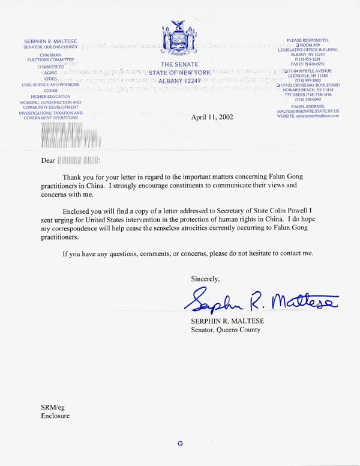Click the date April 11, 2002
pos(213,118)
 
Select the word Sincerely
pos(205,279)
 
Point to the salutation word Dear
pos(47,161)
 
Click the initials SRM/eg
pos(52,408)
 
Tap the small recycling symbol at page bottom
pos(180,444)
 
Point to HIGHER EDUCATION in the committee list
pos(50,97)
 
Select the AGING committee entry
pos(50,72)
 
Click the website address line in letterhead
pos(308,116)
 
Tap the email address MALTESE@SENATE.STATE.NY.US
pos(308,111)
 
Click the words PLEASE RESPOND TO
pos(308,40)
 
